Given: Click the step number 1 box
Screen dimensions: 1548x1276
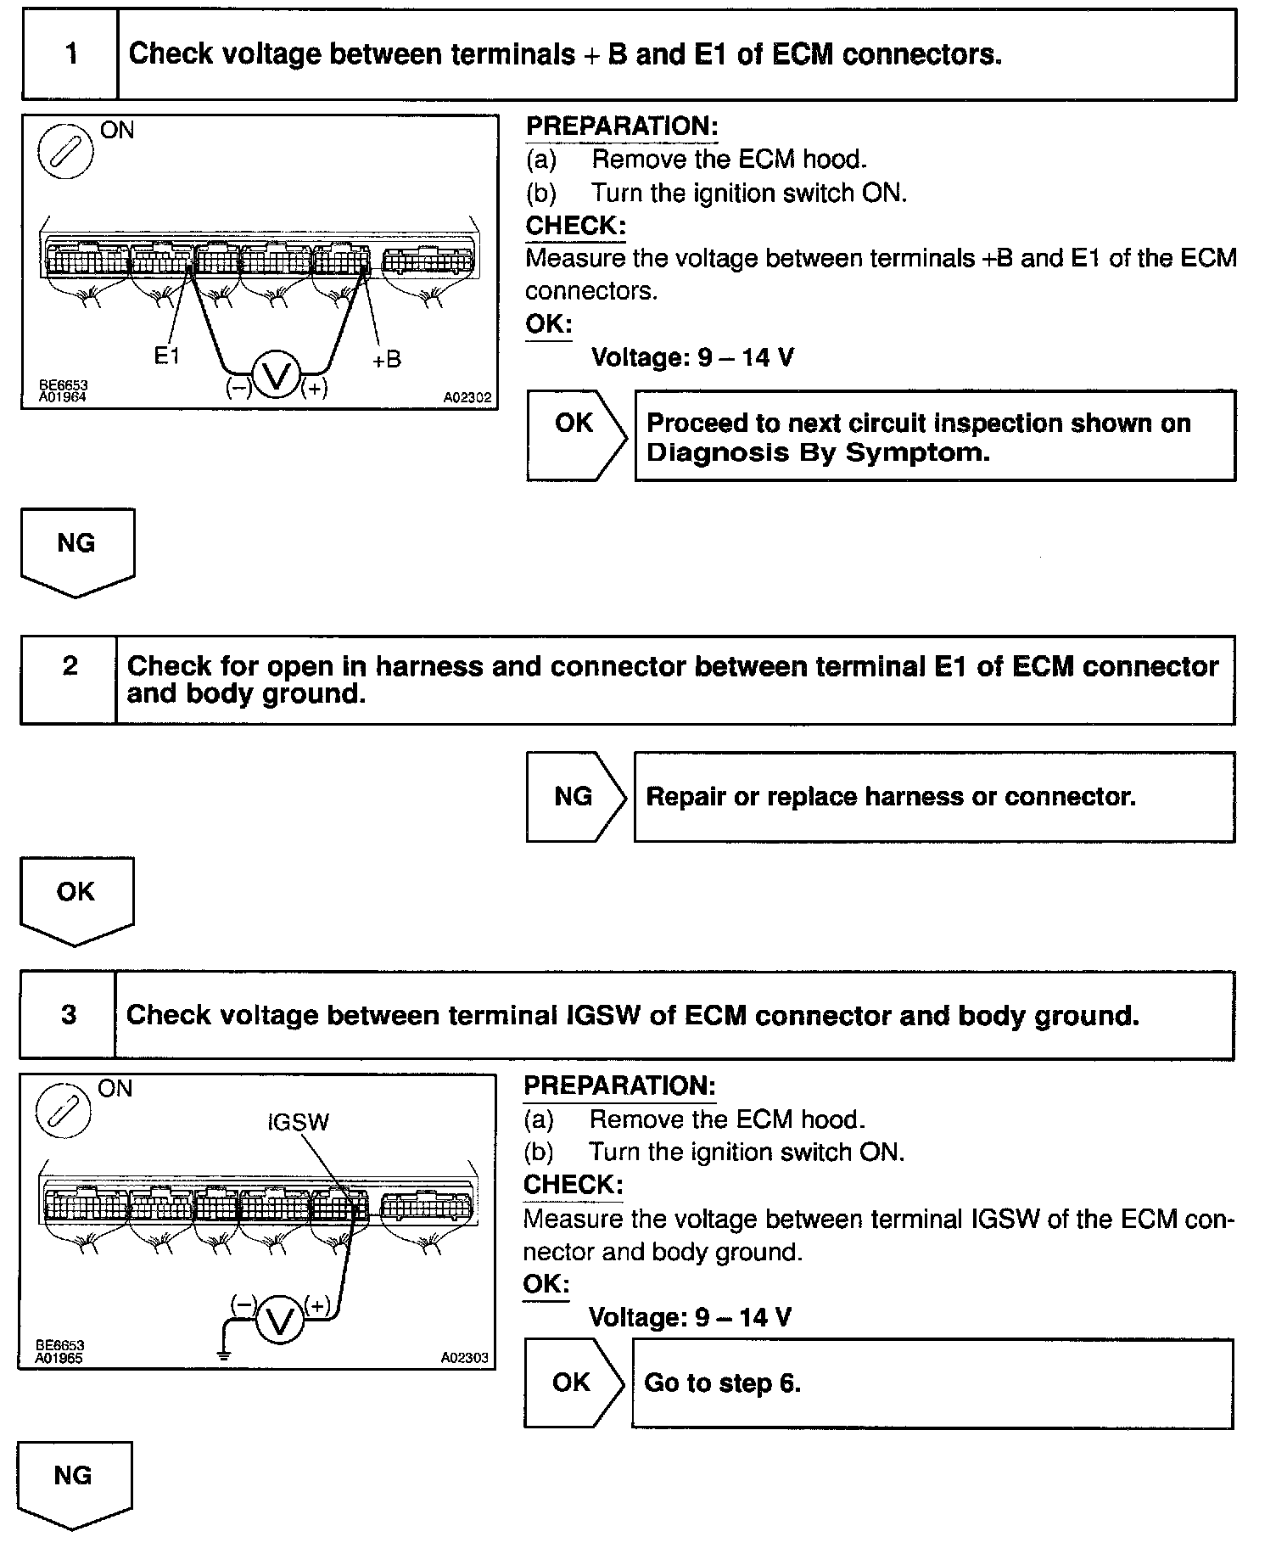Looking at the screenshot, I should [70, 55].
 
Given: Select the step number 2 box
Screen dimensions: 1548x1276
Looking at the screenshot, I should [69, 679].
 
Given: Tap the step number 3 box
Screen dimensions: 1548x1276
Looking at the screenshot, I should [68, 1014].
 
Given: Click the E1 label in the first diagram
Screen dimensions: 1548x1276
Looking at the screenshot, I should [166, 356].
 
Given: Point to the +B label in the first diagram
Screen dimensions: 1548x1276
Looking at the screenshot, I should [386, 360].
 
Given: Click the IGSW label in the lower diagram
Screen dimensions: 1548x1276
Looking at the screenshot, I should [298, 1123].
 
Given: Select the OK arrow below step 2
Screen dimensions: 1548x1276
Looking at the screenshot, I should [76, 900].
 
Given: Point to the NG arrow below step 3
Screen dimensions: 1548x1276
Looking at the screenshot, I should [73, 1483].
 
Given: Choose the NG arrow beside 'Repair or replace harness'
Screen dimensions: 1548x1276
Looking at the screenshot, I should [575, 796].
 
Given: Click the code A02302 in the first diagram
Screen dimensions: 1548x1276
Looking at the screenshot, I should [467, 397].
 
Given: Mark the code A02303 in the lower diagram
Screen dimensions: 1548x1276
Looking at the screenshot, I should [465, 1357].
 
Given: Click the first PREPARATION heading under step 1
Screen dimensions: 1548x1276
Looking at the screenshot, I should [622, 126].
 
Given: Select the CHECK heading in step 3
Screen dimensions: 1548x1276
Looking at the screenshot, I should [573, 1184].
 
